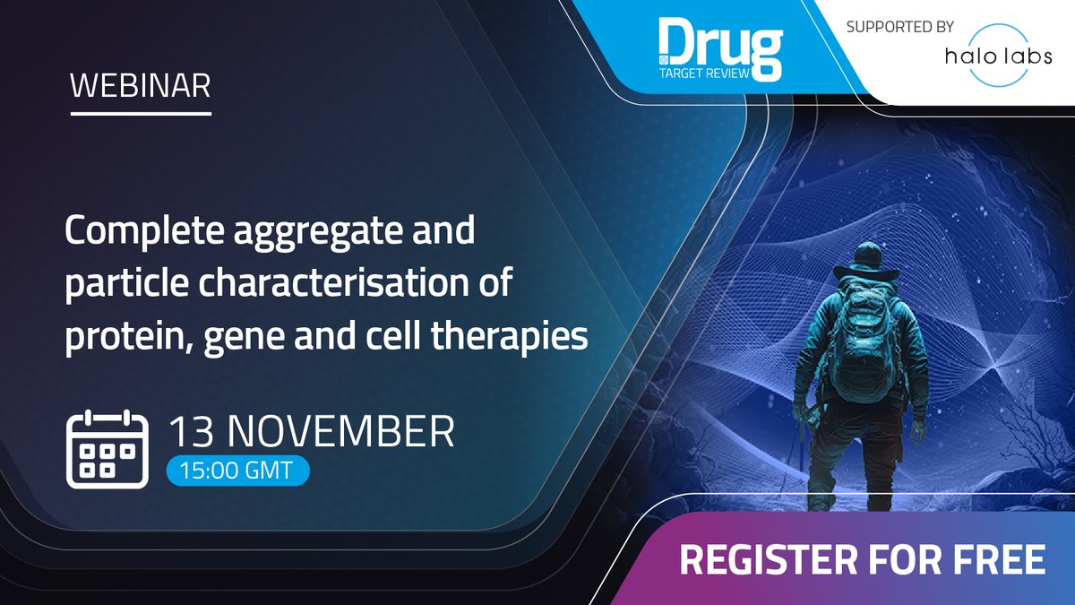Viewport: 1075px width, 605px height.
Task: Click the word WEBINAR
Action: point(141,86)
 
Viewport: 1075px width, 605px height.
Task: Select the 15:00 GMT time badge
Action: point(237,471)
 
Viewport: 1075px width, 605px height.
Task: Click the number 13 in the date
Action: point(195,432)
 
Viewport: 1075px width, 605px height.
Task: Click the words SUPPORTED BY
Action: point(900,27)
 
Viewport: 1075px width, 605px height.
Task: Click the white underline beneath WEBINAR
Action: point(141,114)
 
